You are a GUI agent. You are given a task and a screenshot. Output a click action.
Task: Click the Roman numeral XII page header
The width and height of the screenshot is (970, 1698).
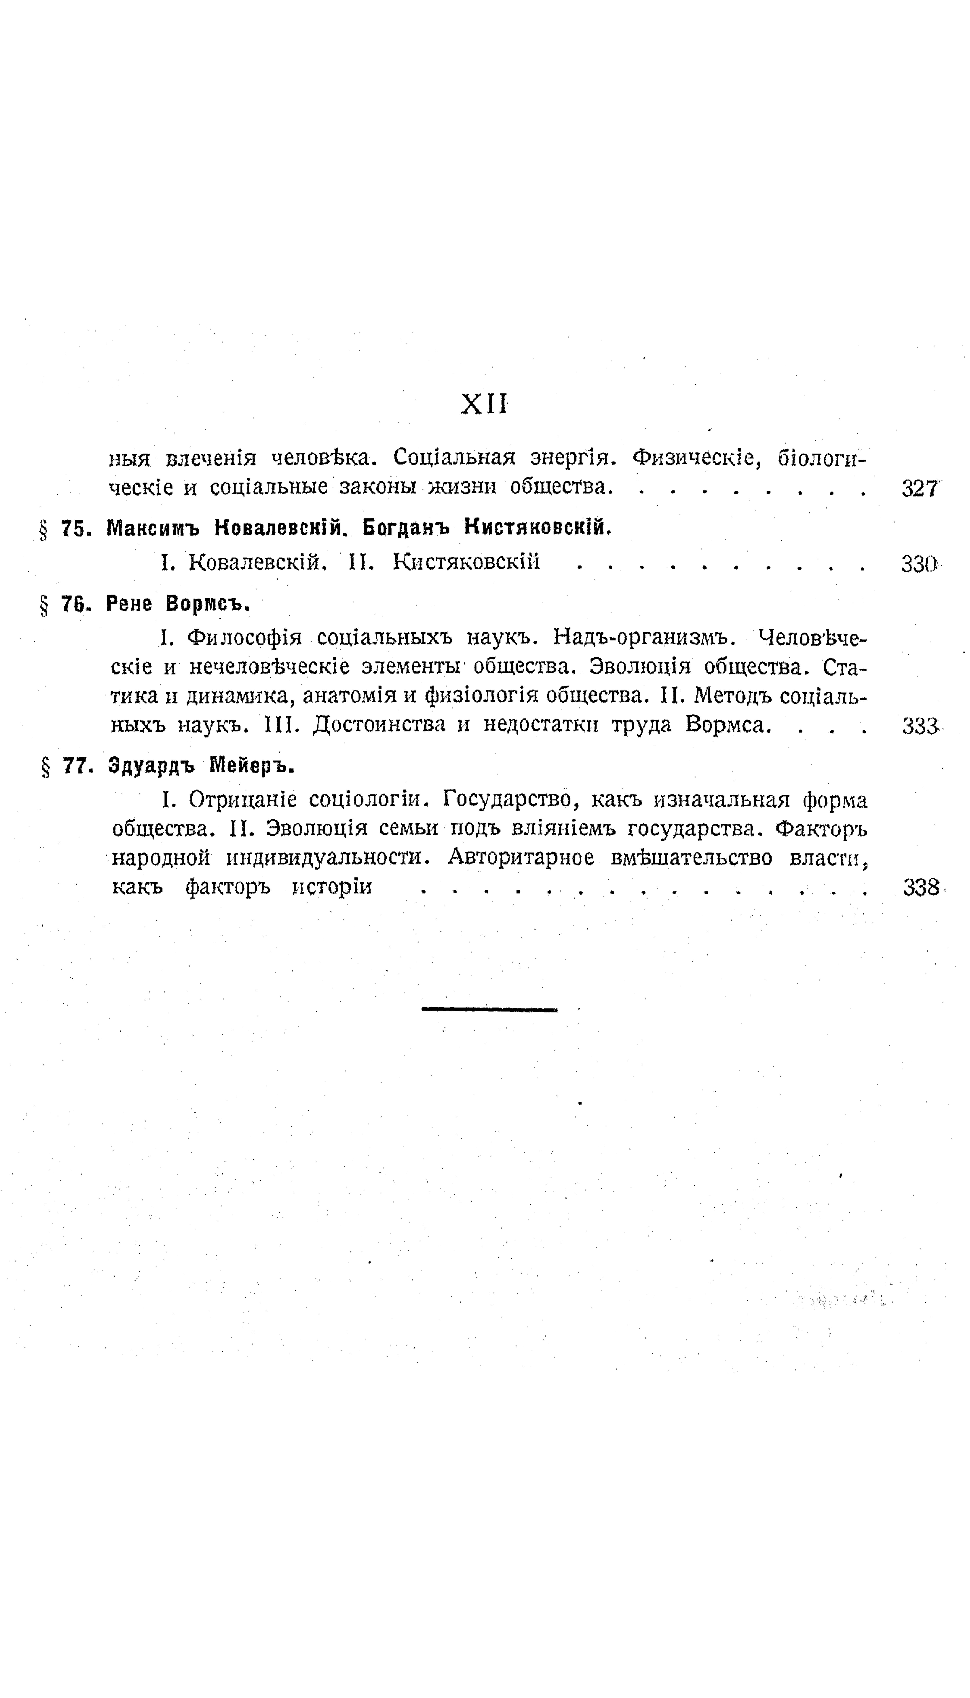[x=484, y=404]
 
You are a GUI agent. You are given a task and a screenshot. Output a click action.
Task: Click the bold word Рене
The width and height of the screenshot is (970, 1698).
[x=129, y=604]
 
